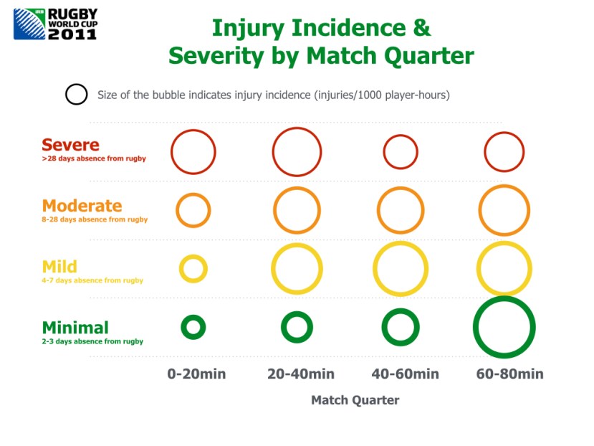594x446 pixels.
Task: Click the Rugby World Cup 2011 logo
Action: point(56,24)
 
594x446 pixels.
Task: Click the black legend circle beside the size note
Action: point(65,94)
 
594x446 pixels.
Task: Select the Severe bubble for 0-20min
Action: point(171,152)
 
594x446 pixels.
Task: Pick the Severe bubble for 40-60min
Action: point(384,152)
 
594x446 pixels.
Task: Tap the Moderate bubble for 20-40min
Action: point(274,211)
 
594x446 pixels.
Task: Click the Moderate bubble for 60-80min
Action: point(479,211)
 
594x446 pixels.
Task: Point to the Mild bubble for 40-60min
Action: point(375,269)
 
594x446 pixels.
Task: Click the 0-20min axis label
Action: point(196,374)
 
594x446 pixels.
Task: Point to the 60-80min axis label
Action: point(510,374)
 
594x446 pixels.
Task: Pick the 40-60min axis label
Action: point(406,374)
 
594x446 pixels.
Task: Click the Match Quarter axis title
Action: point(355,400)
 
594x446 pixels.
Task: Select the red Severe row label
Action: point(70,145)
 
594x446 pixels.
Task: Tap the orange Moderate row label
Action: point(82,206)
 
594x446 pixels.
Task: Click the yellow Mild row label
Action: point(59,267)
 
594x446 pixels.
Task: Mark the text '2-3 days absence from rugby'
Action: point(92,341)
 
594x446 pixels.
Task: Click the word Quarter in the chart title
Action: point(428,56)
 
